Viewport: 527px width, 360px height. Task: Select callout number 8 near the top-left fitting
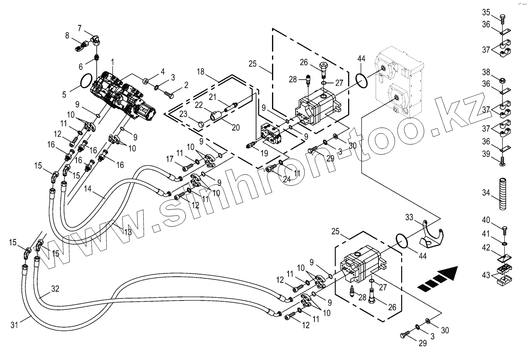[67, 36]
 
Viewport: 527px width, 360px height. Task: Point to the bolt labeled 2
[169, 95]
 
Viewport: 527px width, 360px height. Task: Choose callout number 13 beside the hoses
[127, 232]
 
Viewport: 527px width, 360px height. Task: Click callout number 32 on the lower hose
[55, 289]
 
